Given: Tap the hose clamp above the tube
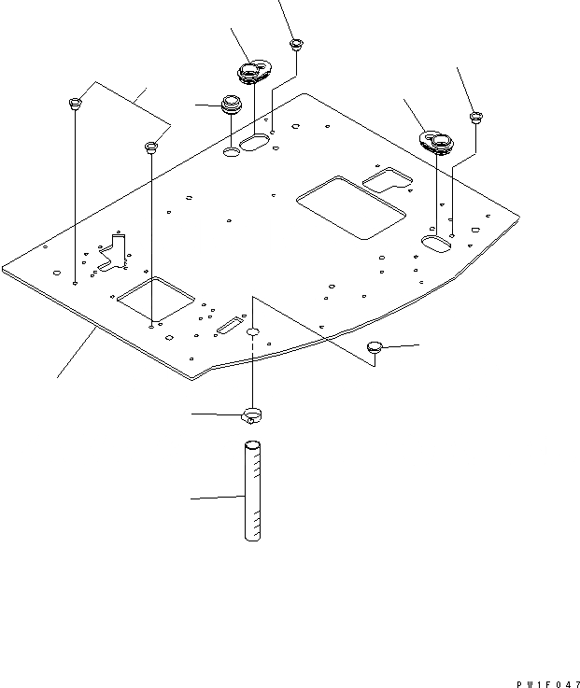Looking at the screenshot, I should point(253,414).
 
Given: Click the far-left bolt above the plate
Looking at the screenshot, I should point(74,102).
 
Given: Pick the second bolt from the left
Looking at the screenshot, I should point(150,147).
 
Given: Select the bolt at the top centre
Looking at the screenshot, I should point(296,44).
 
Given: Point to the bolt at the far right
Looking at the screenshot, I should point(475,118).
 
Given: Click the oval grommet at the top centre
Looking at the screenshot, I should point(251,71).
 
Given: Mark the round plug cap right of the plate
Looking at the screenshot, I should point(375,347).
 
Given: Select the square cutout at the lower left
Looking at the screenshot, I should point(154,299).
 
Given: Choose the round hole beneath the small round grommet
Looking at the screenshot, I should point(231,149).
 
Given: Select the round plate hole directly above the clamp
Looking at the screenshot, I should point(254,332).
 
